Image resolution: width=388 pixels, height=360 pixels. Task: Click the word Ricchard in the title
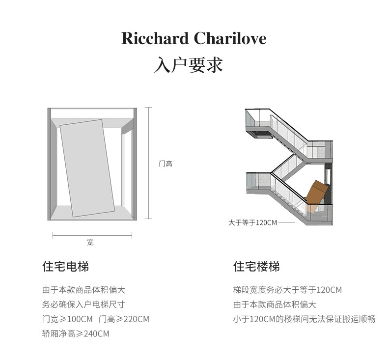tap(155, 38)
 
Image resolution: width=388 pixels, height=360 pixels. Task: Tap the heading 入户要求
tap(188, 65)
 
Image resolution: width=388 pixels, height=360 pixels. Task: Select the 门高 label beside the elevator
tap(166, 164)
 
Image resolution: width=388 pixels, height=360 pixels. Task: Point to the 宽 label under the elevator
tap(90, 242)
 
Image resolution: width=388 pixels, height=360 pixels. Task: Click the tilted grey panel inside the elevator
tap(87, 167)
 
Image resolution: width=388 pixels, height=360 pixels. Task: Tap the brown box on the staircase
tap(317, 193)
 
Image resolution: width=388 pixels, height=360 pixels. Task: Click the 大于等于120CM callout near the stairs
tap(252, 222)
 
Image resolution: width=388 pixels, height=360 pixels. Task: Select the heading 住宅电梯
tap(65, 267)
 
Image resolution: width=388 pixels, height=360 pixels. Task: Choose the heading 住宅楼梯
tap(256, 267)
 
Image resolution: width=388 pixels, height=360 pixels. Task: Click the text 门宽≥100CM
tap(67, 319)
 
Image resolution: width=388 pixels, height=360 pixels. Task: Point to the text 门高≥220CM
tap(124, 319)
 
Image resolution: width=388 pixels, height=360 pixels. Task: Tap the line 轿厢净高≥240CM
tap(76, 334)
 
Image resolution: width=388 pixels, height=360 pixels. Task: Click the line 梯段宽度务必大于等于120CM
tap(287, 290)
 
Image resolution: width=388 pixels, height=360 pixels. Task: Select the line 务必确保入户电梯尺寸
tap(83, 305)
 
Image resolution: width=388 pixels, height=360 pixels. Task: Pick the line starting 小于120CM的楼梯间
tap(304, 319)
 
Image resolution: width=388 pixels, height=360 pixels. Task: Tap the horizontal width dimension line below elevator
tap(92, 236)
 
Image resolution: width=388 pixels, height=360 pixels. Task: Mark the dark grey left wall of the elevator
tap(50, 164)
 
